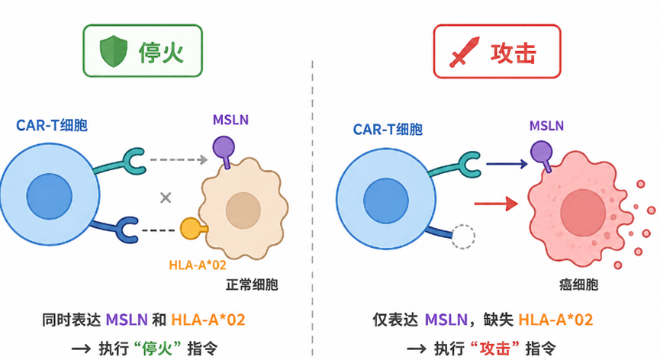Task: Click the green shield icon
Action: click(113, 51)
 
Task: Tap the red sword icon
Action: click(464, 52)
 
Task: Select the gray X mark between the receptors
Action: click(166, 198)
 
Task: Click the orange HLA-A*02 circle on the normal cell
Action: click(191, 229)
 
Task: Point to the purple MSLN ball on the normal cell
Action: click(224, 147)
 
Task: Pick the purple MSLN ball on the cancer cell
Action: click(541, 152)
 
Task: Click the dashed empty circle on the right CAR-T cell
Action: click(463, 236)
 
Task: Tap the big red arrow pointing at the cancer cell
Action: click(496, 204)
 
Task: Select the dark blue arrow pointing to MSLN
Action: click(507, 163)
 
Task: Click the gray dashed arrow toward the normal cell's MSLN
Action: click(179, 160)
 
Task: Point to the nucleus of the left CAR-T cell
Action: click(50, 196)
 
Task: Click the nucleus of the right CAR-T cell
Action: click(386, 201)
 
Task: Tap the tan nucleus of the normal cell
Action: click(243, 211)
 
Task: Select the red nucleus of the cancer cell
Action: click(583, 212)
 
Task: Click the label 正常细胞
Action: click(252, 284)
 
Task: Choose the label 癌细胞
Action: click(579, 284)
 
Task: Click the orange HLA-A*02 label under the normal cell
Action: click(198, 265)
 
